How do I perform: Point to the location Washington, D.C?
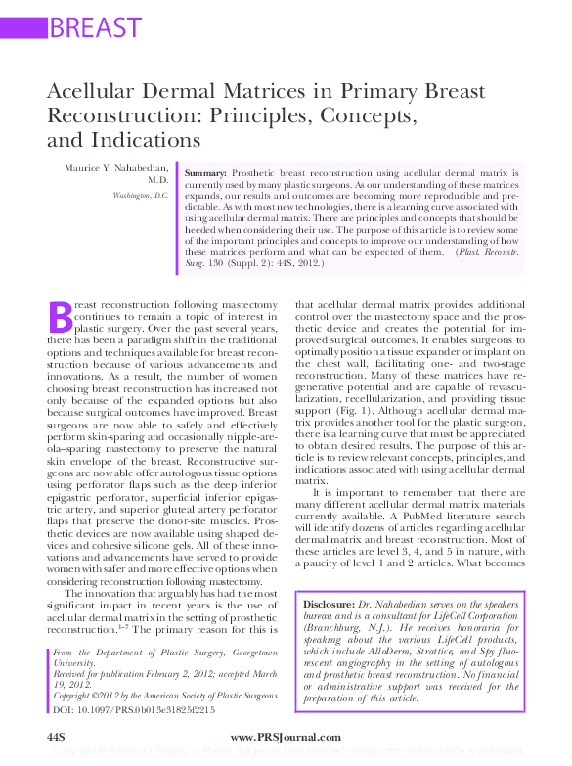pos(140,196)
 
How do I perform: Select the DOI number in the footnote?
pos(152,709)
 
